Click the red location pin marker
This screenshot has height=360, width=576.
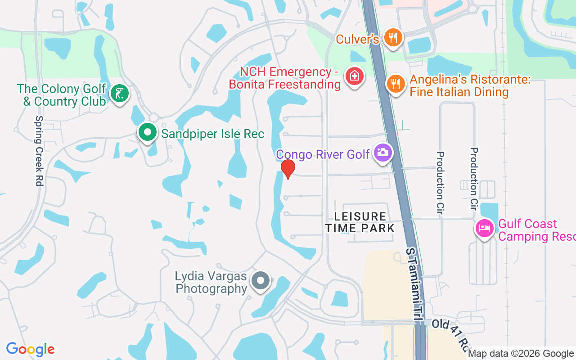[x=288, y=169]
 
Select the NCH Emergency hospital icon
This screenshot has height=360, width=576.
[x=354, y=76]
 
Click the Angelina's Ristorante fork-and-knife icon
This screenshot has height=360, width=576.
[x=396, y=84]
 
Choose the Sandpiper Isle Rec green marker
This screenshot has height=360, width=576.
[x=147, y=132]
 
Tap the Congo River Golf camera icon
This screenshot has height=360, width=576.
[x=383, y=153]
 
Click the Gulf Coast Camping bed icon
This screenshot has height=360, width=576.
[x=484, y=228]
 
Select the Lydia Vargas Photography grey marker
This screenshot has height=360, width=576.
[x=260, y=281]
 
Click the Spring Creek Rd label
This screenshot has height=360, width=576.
[x=39, y=151]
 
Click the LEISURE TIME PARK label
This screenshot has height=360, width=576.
[x=360, y=223]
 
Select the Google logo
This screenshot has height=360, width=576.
[x=30, y=349]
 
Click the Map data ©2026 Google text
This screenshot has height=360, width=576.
[x=521, y=353]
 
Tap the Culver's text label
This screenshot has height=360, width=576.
[x=357, y=39]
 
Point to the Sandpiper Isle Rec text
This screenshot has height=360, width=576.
[x=213, y=134]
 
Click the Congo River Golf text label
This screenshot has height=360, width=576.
[x=323, y=154]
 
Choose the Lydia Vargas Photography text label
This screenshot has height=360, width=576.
[x=211, y=282]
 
